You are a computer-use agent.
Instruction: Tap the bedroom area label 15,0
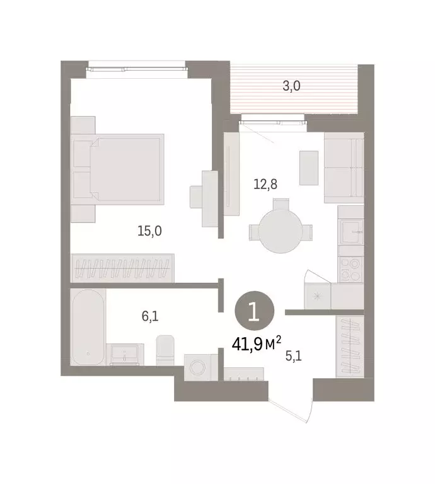pyautogui.click(x=149, y=231)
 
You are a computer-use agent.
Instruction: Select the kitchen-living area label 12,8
pyautogui.click(x=265, y=184)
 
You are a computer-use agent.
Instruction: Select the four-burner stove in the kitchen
pyautogui.click(x=349, y=270)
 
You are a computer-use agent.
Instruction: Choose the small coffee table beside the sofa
pyautogui.click(x=308, y=168)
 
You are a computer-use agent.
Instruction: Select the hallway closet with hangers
pyautogui.click(x=349, y=345)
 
